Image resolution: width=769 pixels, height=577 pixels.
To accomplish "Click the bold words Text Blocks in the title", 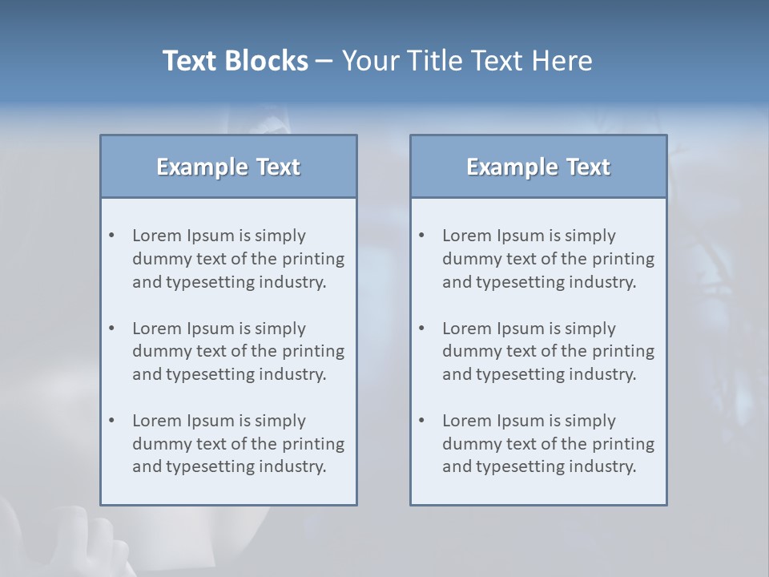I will point(235,61).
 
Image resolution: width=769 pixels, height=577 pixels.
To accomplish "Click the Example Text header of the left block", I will point(228,167).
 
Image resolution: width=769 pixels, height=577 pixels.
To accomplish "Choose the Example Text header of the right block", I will point(538,167).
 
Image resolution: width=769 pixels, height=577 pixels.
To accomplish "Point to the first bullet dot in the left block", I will point(112,236).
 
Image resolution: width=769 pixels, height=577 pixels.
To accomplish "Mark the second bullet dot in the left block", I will point(112,329).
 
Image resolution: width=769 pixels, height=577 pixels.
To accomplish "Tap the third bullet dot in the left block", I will point(112,421).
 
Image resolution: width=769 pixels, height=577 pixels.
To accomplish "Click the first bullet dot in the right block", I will point(422,236).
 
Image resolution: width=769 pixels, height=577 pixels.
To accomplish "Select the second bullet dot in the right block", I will point(422,329).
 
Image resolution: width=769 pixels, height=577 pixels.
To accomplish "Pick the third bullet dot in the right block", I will point(422,421).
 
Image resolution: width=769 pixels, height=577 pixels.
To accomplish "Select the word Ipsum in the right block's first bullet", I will point(521,236).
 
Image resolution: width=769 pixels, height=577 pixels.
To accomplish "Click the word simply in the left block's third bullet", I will point(280,421).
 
